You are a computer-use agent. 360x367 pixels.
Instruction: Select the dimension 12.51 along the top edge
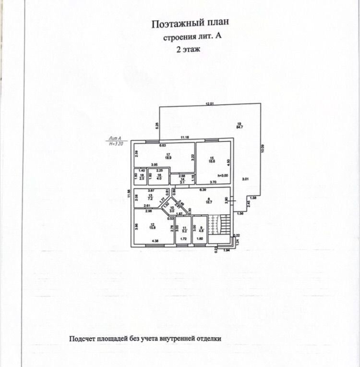click(x=209, y=103)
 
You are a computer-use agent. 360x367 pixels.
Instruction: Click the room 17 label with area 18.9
click(x=168, y=155)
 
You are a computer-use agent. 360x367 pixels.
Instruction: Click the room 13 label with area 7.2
click(x=150, y=197)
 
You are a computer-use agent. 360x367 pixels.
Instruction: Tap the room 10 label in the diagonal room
click(x=172, y=209)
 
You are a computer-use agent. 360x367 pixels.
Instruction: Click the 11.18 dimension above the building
click(x=184, y=138)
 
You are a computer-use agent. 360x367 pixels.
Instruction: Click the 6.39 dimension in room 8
click(x=209, y=190)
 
